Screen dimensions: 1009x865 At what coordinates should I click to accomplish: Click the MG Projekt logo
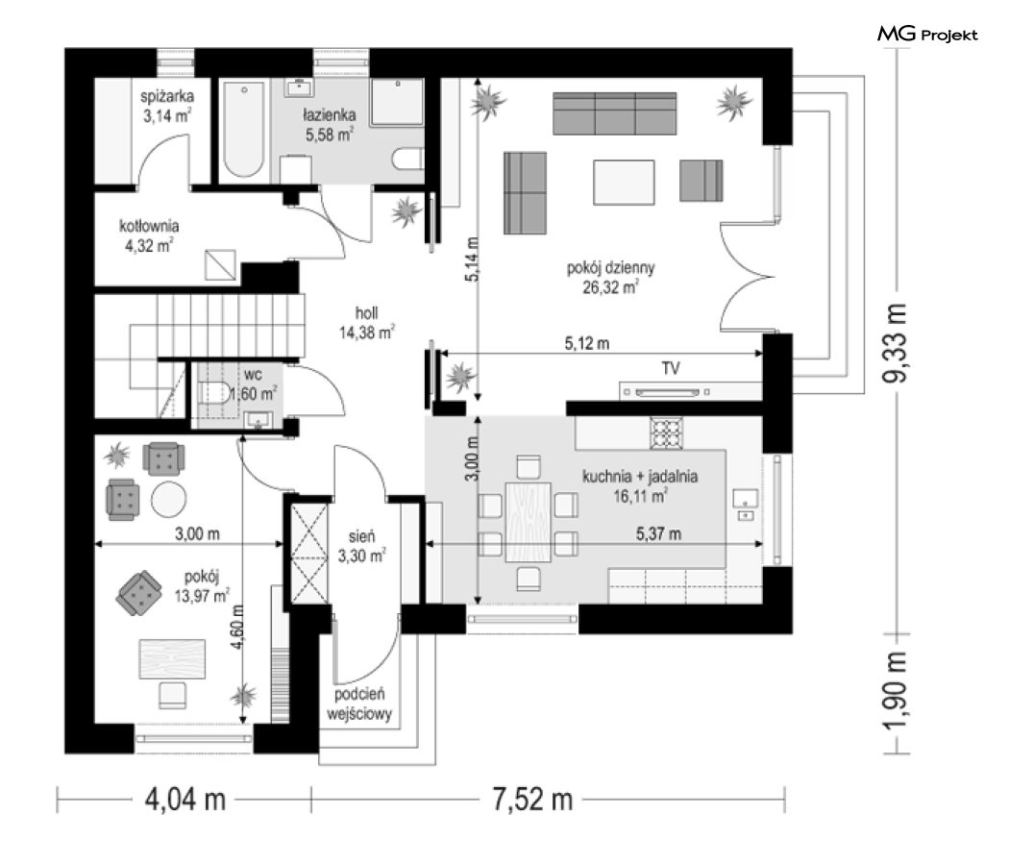(x=927, y=34)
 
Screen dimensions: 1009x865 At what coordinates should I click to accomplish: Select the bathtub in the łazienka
(x=244, y=128)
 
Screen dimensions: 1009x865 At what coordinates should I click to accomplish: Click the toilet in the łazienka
(x=407, y=159)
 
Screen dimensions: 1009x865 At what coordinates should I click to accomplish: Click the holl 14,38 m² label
(x=367, y=322)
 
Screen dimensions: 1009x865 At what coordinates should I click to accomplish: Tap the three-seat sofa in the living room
(x=615, y=113)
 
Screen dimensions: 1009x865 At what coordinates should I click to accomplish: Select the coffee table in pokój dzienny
(x=624, y=183)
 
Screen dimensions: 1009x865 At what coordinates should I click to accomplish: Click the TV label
(x=671, y=368)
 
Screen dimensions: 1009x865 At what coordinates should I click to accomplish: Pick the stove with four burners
(x=666, y=432)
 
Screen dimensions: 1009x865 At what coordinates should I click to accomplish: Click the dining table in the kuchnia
(x=529, y=522)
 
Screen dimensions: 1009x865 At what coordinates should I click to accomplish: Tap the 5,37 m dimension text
(x=658, y=533)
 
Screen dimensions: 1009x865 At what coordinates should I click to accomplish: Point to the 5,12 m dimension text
(x=587, y=344)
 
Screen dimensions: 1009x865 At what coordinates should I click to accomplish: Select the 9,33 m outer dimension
(x=895, y=342)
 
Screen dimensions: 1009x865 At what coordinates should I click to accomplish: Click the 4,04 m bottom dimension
(x=185, y=800)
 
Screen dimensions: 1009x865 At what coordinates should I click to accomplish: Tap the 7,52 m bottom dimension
(x=532, y=800)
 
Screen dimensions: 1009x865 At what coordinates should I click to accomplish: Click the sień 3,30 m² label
(x=361, y=546)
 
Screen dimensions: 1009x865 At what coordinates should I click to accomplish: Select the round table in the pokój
(x=169, y=499)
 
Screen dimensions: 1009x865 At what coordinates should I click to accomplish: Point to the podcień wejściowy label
(x=359, y=704)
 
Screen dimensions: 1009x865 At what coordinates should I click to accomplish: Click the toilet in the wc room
(x=213, y=392)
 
